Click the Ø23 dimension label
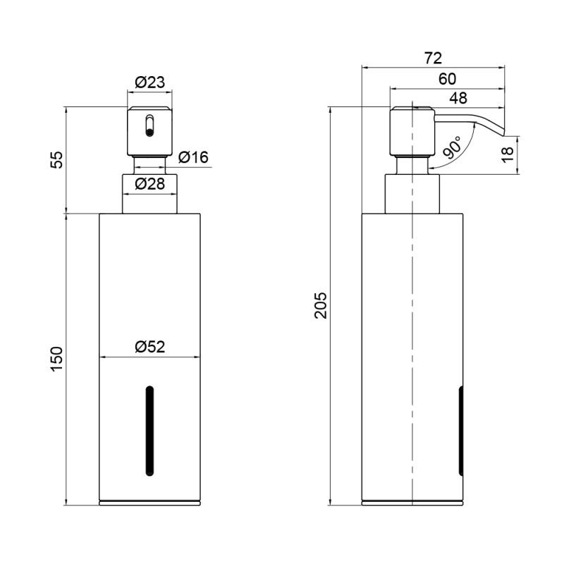point(149,82)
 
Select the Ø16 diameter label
point(193,157)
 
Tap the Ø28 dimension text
point(149,184)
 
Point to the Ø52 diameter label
point(149,347)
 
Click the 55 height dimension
point(57,160)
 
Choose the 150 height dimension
point(57,360)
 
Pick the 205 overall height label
point(321,305)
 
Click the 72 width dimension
point(433,58)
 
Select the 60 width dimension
point(447,79)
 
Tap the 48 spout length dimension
point(458,98)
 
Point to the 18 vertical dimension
point(508,154)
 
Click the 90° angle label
point(452,147)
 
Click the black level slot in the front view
point(149,431)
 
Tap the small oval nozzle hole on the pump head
point(149,125)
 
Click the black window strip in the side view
point(461,431)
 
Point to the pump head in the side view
point(412,132)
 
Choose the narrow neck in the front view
point(149,166)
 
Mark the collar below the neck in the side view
point(412,195)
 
